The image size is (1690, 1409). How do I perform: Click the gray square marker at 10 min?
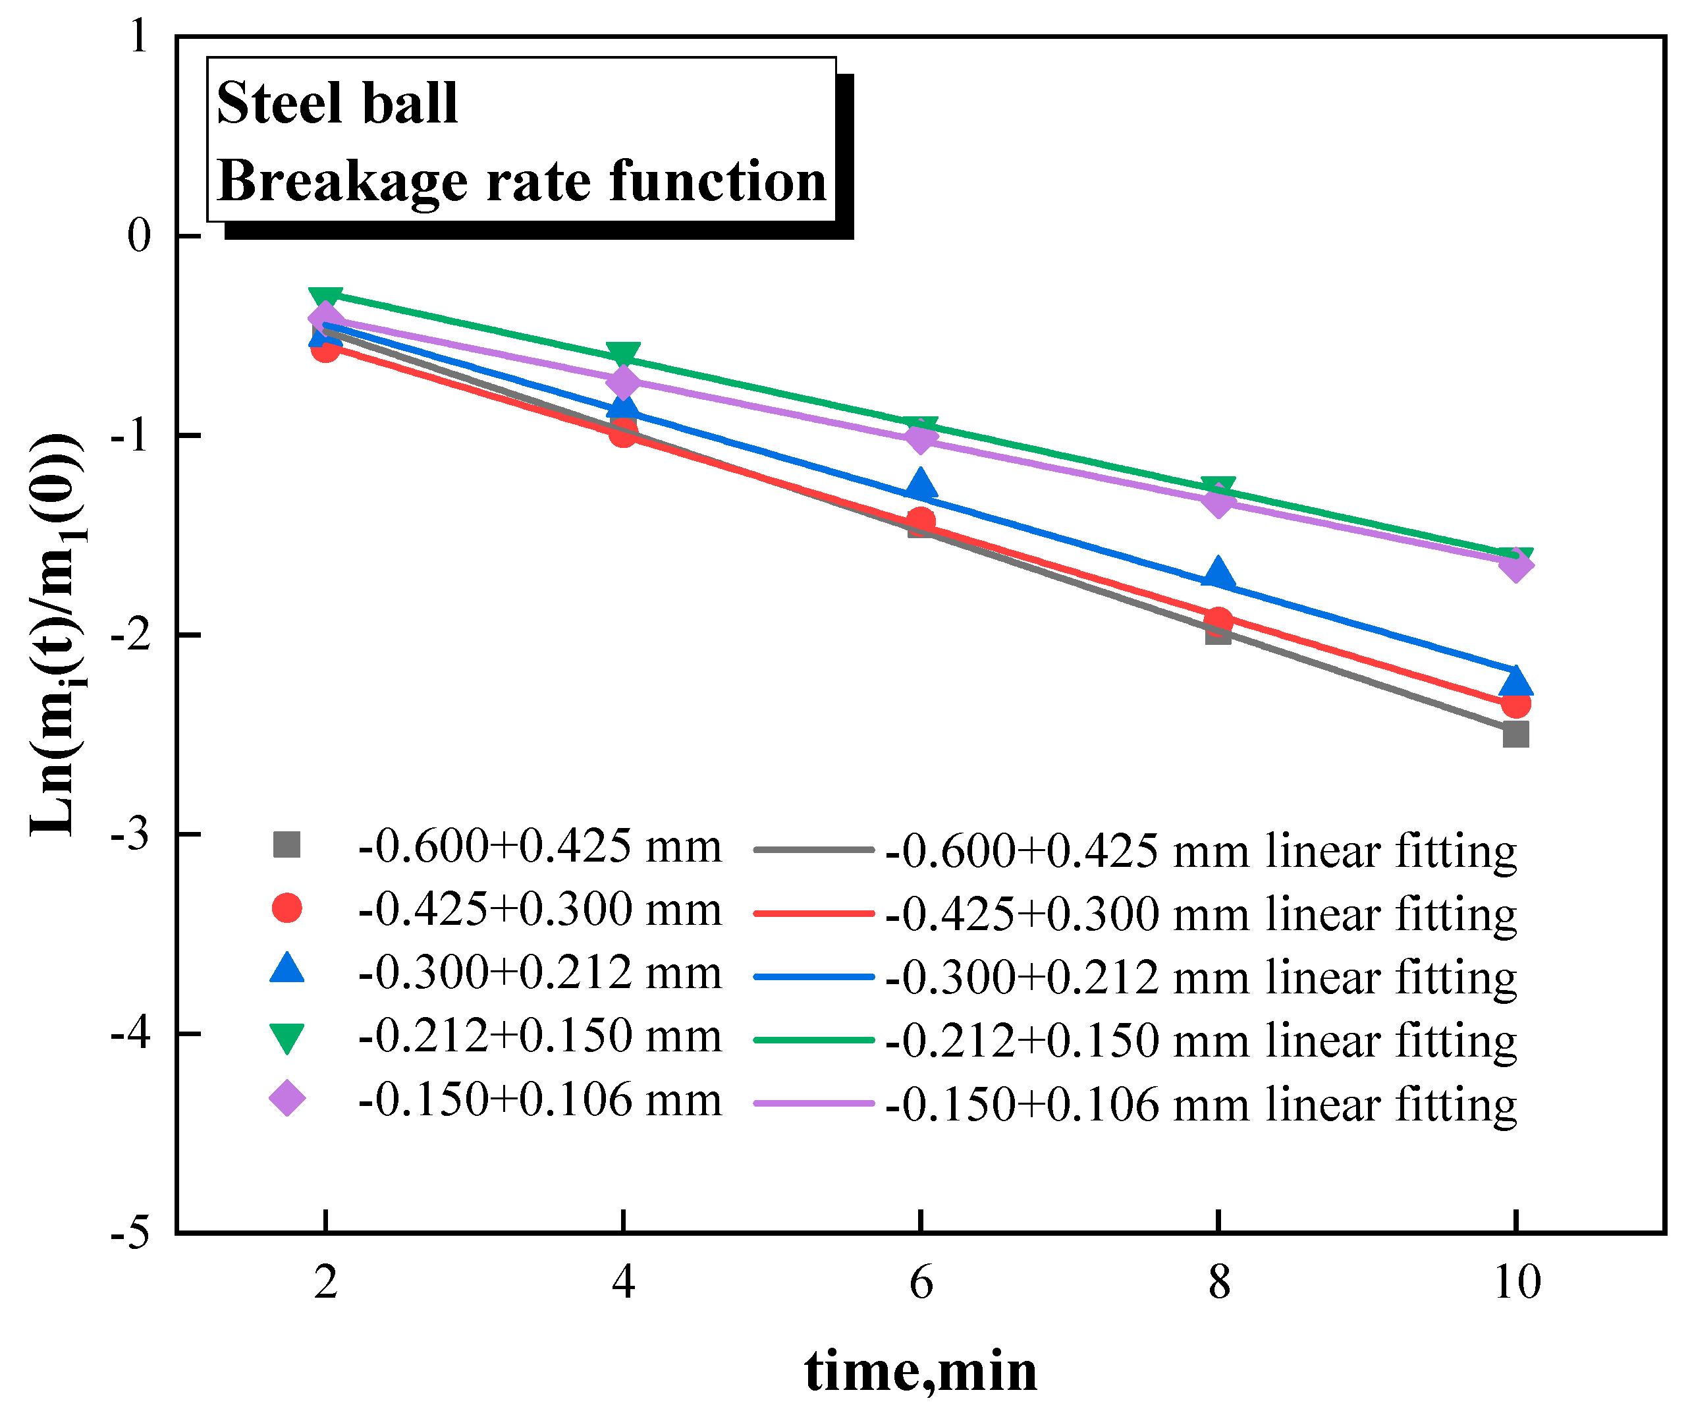click(x=1515, y=734)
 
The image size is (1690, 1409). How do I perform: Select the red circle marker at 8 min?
click(x=1218, y=621)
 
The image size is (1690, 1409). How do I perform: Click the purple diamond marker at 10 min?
click(x=1515, y=565)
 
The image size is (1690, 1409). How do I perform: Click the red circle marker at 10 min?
click(x=1515, y=704)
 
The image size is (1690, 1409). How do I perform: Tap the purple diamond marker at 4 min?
click(x=623, y=381)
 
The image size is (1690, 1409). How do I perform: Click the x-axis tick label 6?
click(x=921, y=1282)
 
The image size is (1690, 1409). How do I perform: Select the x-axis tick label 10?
click(x=1516, y=1282)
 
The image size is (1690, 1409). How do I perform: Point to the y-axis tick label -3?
click(x=130, y=835)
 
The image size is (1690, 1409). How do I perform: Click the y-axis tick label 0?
click(x=138, y=236)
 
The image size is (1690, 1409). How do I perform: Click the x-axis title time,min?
click(x=921, y=1371)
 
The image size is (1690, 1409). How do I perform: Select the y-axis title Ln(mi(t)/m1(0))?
click(x=55, y=636)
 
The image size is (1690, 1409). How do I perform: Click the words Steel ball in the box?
click(x=337, y=103)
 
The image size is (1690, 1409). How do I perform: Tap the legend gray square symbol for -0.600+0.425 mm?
click(x=286, y=845)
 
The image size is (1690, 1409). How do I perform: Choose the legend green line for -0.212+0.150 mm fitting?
click(x=813, y=1039)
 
